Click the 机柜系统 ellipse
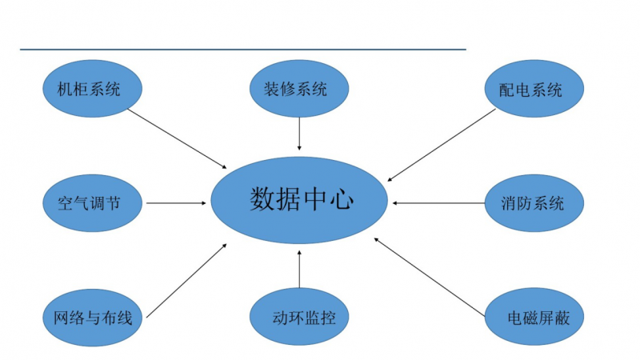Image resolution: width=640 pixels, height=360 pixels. click(x=90, y=88)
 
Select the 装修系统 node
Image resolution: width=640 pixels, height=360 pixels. click(x=299, y=88)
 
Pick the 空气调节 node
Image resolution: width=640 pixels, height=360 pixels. click(x=90, y=202)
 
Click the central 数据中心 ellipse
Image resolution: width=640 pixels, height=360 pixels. click(x=299, y=200)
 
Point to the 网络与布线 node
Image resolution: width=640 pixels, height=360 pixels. click(x=90, y=318)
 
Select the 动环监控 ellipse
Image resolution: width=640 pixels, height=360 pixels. click(x=299, y=318)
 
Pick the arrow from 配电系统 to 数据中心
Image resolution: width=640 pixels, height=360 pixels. click(x=442, y=145)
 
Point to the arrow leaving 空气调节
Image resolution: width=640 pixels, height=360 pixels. click(x=176, y=202)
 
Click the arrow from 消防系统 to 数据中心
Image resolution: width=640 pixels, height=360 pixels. click(x=438, y=202)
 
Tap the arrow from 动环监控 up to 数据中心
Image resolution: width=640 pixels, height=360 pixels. click(x=299, y=270)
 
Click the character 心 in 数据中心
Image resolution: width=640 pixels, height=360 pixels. click(x=342, y=198)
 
